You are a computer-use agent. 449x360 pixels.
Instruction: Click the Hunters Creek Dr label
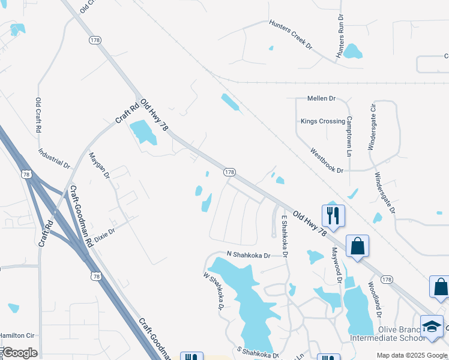291,35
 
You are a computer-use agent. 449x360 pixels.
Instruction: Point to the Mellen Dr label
321,98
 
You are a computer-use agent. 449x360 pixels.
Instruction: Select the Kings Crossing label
323,121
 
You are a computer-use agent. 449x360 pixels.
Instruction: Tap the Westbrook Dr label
327,161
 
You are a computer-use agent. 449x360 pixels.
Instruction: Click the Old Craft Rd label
38,115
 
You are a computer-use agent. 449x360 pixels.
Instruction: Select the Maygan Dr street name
99,166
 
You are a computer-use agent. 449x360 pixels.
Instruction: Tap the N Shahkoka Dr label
249,255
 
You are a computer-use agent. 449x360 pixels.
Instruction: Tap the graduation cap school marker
432,326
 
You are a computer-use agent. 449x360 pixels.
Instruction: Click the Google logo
20,353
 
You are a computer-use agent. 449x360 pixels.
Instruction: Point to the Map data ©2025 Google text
411,355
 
